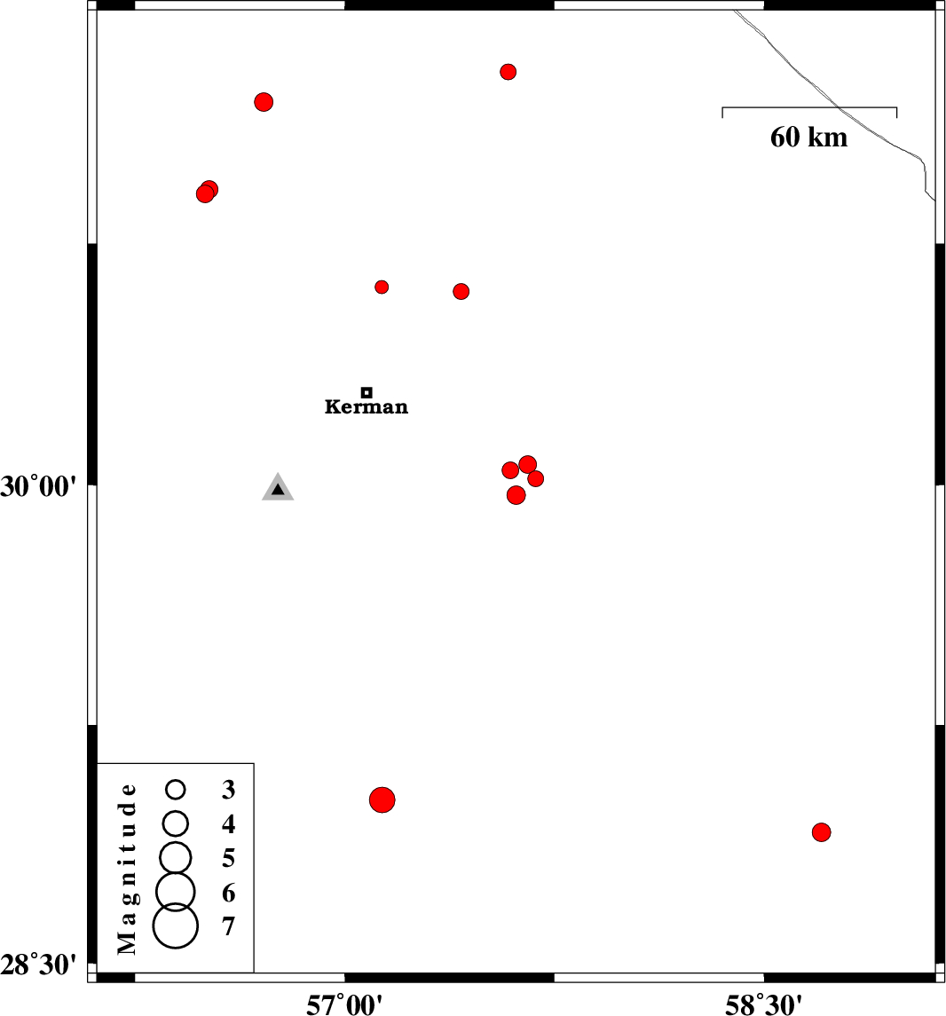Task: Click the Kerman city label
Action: pyautogui.click(x=367, y=407)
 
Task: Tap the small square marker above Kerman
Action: pyautogui.click(x=367, y=392)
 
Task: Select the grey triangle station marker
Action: pyautogui.click(x=278, y=488)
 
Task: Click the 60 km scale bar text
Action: pyautogui.click(x=808, y=138)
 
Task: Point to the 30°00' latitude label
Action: pyautogui.click(x=38, y=486)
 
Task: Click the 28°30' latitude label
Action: pyautogui.click(x=38, y=965)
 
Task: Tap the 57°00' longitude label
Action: pyautogui.click(x=344, y=1004)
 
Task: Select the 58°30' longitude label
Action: pyautogui.click(x=763, y=1004)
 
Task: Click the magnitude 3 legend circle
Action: pyautogui.click(x=176, y=789)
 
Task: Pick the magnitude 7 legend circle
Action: pyautogui.click(x=176, y=925)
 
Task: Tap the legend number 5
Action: pyautogui.click(x=228, y=859)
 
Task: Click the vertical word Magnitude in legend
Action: pyautogui.click(x=127, y=869)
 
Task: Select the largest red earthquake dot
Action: pyautogui.click(x=382, y=799)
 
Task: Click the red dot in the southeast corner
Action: pyautogui.click(x=821, y=832)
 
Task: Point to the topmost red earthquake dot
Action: pyautogui.click(x=508, y=72)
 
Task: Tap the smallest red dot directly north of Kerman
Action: pyautogui.click(x=382, y=287)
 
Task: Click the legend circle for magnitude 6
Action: pyautogui.click(x=176, y=892)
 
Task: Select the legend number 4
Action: pyautogui.click(x=228, y=823)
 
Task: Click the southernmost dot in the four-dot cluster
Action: pyautogui.click(x=516, y=495)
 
